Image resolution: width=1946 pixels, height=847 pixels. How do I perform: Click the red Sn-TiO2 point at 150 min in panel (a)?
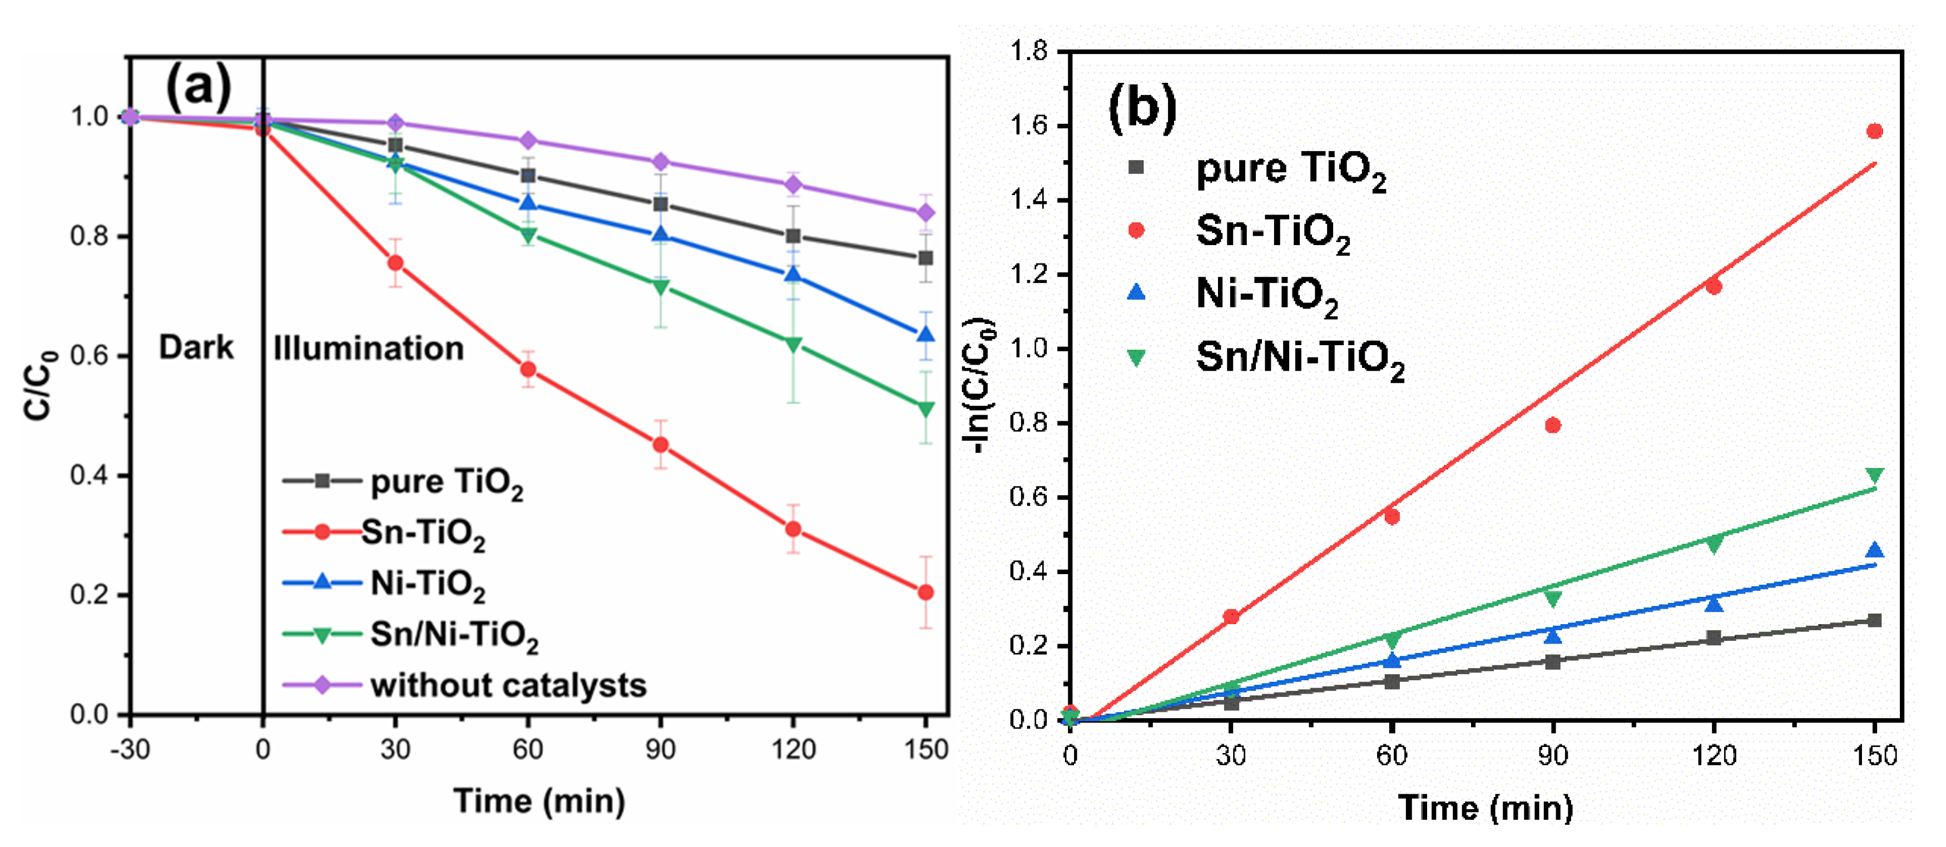click(x=925, y=592)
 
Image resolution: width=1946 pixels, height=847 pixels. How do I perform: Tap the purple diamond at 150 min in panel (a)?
click(x=925, y=213)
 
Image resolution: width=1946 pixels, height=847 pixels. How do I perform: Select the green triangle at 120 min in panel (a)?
click(x=793, y=344)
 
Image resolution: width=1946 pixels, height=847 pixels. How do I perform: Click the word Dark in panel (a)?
click(x=196, y=348)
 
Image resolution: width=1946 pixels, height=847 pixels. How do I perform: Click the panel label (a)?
click(x=198, y=87)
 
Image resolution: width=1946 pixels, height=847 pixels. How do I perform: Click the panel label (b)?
click(x=1141, y=108)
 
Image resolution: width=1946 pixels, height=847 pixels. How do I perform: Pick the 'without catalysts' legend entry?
click(x=508, y=685)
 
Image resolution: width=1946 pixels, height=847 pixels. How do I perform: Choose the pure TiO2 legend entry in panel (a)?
click(x=445, y=482)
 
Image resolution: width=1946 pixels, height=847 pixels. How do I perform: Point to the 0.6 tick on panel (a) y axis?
click(x=89, y=356)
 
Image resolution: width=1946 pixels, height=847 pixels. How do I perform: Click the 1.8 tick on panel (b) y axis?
click(x=1028, y=51)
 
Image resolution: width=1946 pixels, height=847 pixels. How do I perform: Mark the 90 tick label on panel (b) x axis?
click(x=1552, y=755)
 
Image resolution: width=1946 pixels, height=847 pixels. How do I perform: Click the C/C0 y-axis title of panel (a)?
click(x=39, y=385)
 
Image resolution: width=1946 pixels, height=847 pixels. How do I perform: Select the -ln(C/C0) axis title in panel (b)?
click(x=980, y=385)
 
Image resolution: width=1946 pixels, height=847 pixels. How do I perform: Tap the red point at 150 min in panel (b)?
click(x=1874, y=131)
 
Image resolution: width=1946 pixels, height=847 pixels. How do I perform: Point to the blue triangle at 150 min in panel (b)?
click(x=1874, y=550)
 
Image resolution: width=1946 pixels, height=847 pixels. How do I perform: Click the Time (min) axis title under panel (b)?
click(x=1485, y=807)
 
